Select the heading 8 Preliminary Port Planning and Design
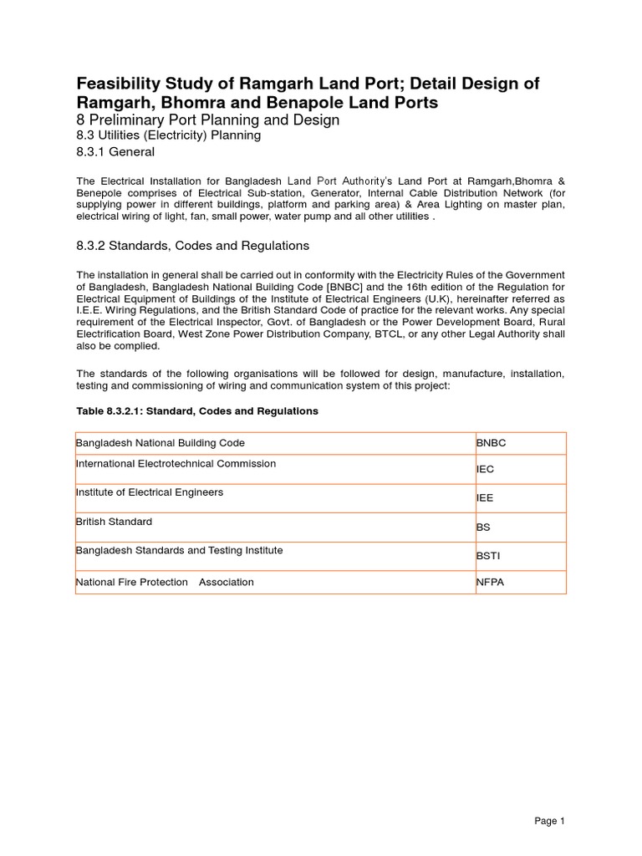(208, 120)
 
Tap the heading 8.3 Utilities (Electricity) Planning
(169, 135)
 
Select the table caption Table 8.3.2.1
(197, 411)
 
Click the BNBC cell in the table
(491, 443)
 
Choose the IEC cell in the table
(485, 470)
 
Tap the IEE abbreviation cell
(485, 498)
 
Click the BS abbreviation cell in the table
(482, 527)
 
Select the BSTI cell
(488, 556)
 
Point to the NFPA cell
(490, 582)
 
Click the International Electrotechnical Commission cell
(176, 464)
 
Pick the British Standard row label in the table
(114, 522)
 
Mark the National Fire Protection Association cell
(165, 582)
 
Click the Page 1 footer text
(550, 821)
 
